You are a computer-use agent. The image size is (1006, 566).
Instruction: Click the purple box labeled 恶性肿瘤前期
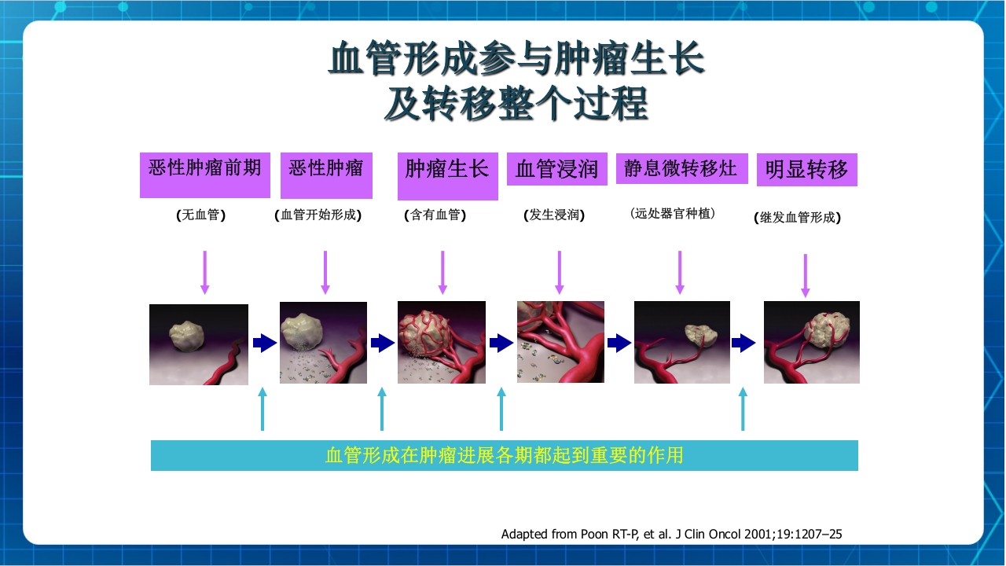click(x=205, y=175)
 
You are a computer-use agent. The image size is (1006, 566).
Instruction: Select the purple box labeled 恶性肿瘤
click(x=325, y=175)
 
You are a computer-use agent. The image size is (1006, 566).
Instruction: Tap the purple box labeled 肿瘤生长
click(x=447, y=175)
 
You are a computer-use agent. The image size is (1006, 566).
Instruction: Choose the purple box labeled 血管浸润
click(x=557, y=169)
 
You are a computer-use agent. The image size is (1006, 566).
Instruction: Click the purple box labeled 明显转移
click(x=806, y=170)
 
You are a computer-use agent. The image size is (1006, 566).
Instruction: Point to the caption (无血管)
click(x=201, y=215)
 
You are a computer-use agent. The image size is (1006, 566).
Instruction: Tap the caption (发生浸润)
click(x=554, y=215)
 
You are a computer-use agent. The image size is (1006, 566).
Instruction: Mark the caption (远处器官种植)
click(x=673, y=213)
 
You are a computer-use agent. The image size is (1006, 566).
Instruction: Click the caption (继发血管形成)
click(x=797, y=218)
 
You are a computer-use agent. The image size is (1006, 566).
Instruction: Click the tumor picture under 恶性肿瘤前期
click(x=199, y=344)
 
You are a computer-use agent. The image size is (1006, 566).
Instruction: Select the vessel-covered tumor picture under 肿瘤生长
click(x=442, y=342)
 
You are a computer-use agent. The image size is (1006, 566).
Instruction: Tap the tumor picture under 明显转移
click(x=812, y=342)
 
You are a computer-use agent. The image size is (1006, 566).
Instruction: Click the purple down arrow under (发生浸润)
click(x=560, y=272)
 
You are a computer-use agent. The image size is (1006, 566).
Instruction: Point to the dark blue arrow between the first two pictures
click(x=265, y=343)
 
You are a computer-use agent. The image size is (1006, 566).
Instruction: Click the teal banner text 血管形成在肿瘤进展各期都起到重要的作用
click(x=504, y=455)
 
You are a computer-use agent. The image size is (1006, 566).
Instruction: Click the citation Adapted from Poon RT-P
click(x=671, y=534)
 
